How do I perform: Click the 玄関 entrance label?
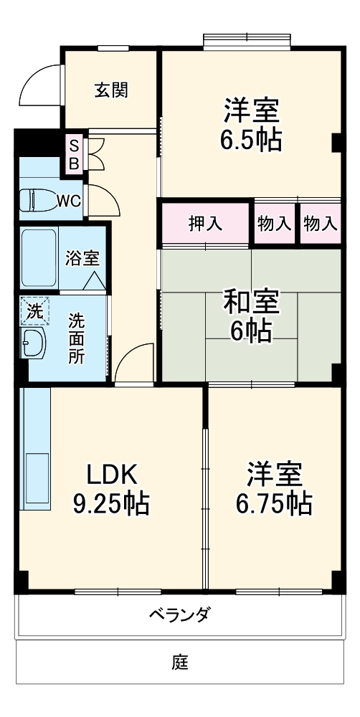tap(111, 90)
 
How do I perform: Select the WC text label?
tap(69, 201)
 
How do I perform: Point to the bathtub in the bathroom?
tap(39, 257)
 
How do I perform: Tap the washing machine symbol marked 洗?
tap(34, 311)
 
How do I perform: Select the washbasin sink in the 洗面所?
tap(33, 343)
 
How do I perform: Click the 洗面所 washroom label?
tap(76, 338)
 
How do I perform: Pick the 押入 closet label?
tap(205, 224)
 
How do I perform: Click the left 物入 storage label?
tap(274, 224)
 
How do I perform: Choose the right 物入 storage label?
tap(320, 224)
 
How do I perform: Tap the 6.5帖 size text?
tap(250, 138)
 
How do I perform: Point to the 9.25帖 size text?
tap(111, 504)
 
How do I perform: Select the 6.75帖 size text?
tap(274, 504)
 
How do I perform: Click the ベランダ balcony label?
tap(180, 614)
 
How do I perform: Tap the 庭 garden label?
tap(180, 662)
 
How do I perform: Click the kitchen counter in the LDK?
tap(35, 448)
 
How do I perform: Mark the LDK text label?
tap(111, 474)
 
